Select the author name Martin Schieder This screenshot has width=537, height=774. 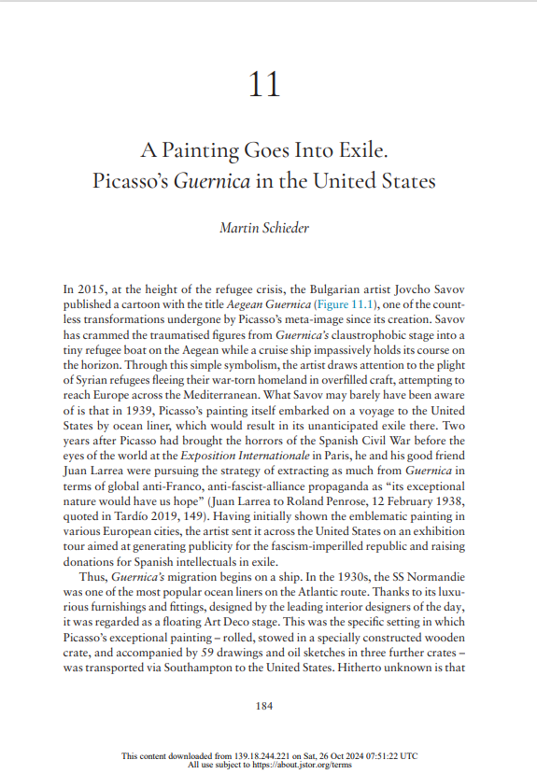point(268,227)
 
